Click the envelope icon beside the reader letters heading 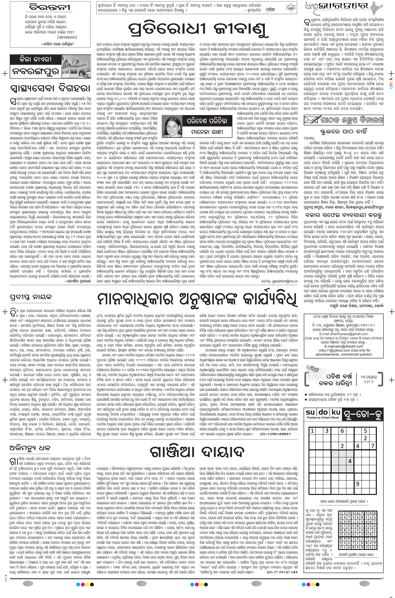click(x=311, y=121)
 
